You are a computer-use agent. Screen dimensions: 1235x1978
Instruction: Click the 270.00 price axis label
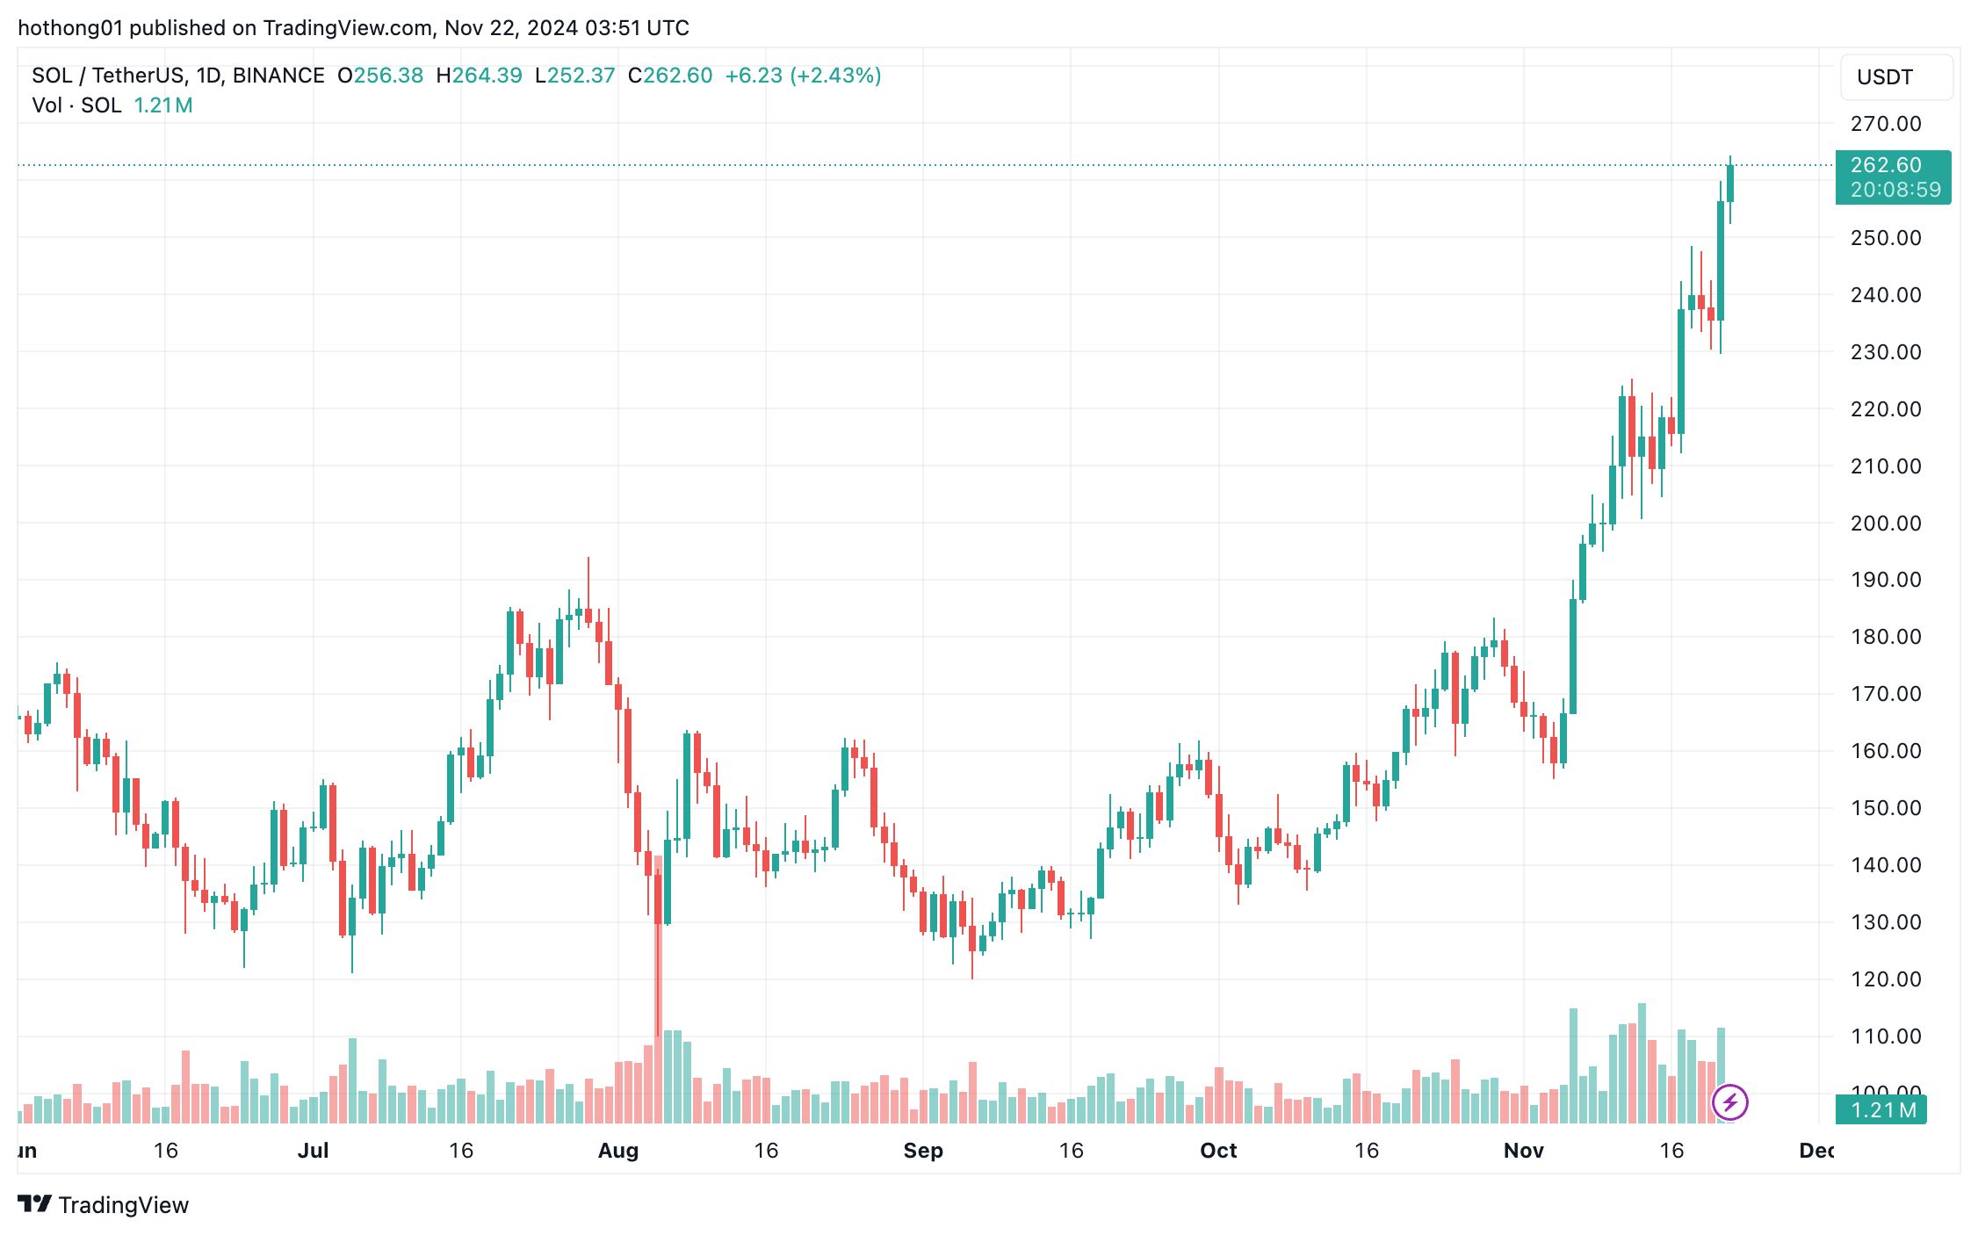click(x=1885, y=124)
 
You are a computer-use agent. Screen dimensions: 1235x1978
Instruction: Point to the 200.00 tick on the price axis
click(x=1885, y=524)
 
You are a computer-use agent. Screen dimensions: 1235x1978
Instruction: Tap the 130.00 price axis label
click(x=1885, y=922)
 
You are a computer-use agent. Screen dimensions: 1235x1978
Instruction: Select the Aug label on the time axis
click(x=617, y=1151)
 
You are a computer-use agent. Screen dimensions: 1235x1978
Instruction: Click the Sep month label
click(x=922, y=1151)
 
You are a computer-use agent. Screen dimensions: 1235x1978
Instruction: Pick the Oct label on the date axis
click(x=1217, y=1151)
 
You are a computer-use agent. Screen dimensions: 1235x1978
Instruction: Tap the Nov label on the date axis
click(x=1523, y=1151)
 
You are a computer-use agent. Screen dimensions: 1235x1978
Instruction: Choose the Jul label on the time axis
click(x=313, y=1151)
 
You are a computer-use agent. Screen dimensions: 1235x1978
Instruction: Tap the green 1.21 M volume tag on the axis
click(x=1882, y=1110)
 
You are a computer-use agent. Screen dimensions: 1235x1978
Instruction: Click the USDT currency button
click(x=1895, y=77)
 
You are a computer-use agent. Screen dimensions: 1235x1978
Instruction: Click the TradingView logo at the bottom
click(x=103, y=1204)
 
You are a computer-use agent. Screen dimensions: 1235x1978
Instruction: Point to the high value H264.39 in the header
click(x=479, y=76)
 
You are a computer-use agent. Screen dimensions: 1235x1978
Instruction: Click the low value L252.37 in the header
click(x=574, y=76)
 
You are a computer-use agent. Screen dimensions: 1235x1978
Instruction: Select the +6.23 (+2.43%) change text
click(x=802, y=76)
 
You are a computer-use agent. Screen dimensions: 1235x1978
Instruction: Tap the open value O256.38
click(x=380, y=76)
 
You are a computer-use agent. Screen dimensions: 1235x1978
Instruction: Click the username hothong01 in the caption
click(x=70, y=28)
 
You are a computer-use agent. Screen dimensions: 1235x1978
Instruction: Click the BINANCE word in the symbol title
click(x=278, y=76)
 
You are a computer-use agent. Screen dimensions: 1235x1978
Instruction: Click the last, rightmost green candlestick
click(x=1729, y=183)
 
